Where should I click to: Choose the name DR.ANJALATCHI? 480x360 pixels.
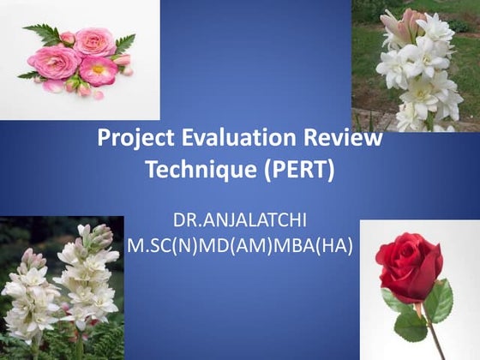click(x=239, y=219)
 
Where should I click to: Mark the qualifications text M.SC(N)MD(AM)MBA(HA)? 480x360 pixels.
click(x=239, y=244)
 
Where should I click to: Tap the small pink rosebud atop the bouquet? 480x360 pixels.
click(x=68, y=38)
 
